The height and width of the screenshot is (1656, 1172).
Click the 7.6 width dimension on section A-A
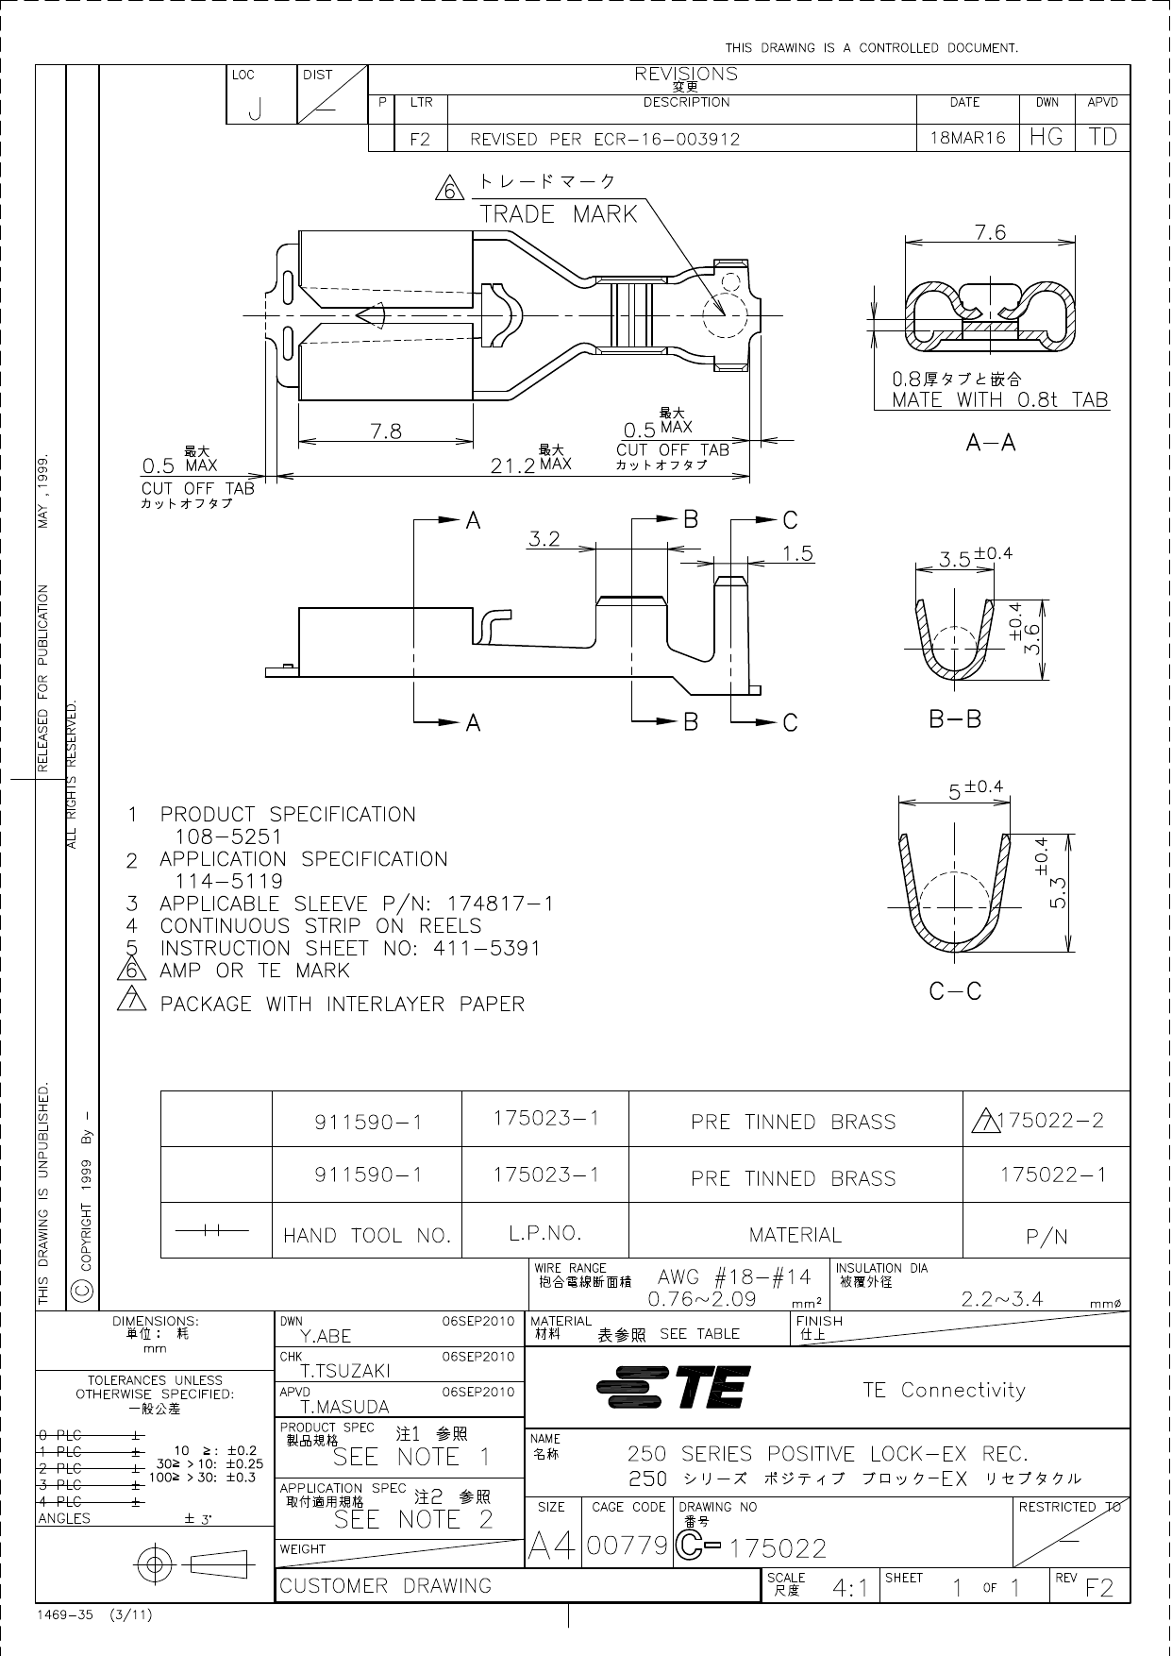pyautogui.click(x=990, y=231)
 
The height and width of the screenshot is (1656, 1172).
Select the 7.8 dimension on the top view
pyautogui.click(x=386, y=431)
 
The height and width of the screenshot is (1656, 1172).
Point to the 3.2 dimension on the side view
pyautogui.click(x=544, y=539)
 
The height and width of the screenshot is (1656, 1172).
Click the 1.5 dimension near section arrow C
pyautogui.click(x=798, y=554)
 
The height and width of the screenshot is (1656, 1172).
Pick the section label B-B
pyautogui.click(x=955, y=719)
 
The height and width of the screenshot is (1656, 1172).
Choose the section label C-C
pyautogui.click(x=955, y=991)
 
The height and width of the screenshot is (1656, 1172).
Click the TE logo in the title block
pyautogui.click(x=674, y=1388)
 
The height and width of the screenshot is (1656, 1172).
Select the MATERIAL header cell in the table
pyautogui.click(x=795, y=1235)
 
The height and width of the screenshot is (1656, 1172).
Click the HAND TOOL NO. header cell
pyautogui.click(x=367, y=1235)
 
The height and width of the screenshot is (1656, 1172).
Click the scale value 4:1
pyautogui.click(x=850, y=1588)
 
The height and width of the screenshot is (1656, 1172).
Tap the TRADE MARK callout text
pyautogui.click(x=559, y=214)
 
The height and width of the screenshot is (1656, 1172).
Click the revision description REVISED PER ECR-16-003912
pyautogui.click(x=605, y=139)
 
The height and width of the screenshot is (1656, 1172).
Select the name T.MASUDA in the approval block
pyautogui.click(x=344, y=1407)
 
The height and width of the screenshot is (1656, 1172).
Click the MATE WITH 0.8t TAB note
pyautogui.click(x=1000, y=399)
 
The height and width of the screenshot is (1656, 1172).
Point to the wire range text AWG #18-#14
pyautogui.click(x=734, y=1277)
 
